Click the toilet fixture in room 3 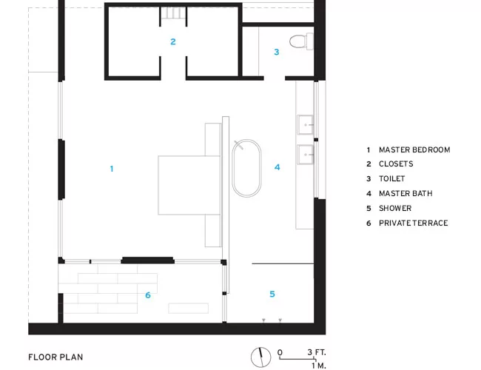[x=301, y=41]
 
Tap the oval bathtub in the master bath [x=246, y=168]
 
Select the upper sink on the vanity [x=305, y=124]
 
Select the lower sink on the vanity [x=305, y=155]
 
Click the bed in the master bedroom [x=189, y=185]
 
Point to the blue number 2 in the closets [x=173, y=41]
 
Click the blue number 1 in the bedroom [x=112, y=169]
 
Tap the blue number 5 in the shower [x=272, y=294]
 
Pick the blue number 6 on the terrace [x=148, y=295]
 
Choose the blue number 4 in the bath [x=277, y=167]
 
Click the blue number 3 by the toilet [x=277, y=52]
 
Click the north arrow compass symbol [x=260, y=357]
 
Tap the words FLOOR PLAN [x=55, y=357]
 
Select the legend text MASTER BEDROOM [x=414, y=149]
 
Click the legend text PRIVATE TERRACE [x=413, y=223]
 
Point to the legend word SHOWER [x=395, y=209]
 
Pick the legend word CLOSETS [x=396, y=164]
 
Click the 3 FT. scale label [x=317, y=352]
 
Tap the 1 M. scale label [x=319, y=366]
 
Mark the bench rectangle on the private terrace [x=189, y=309]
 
